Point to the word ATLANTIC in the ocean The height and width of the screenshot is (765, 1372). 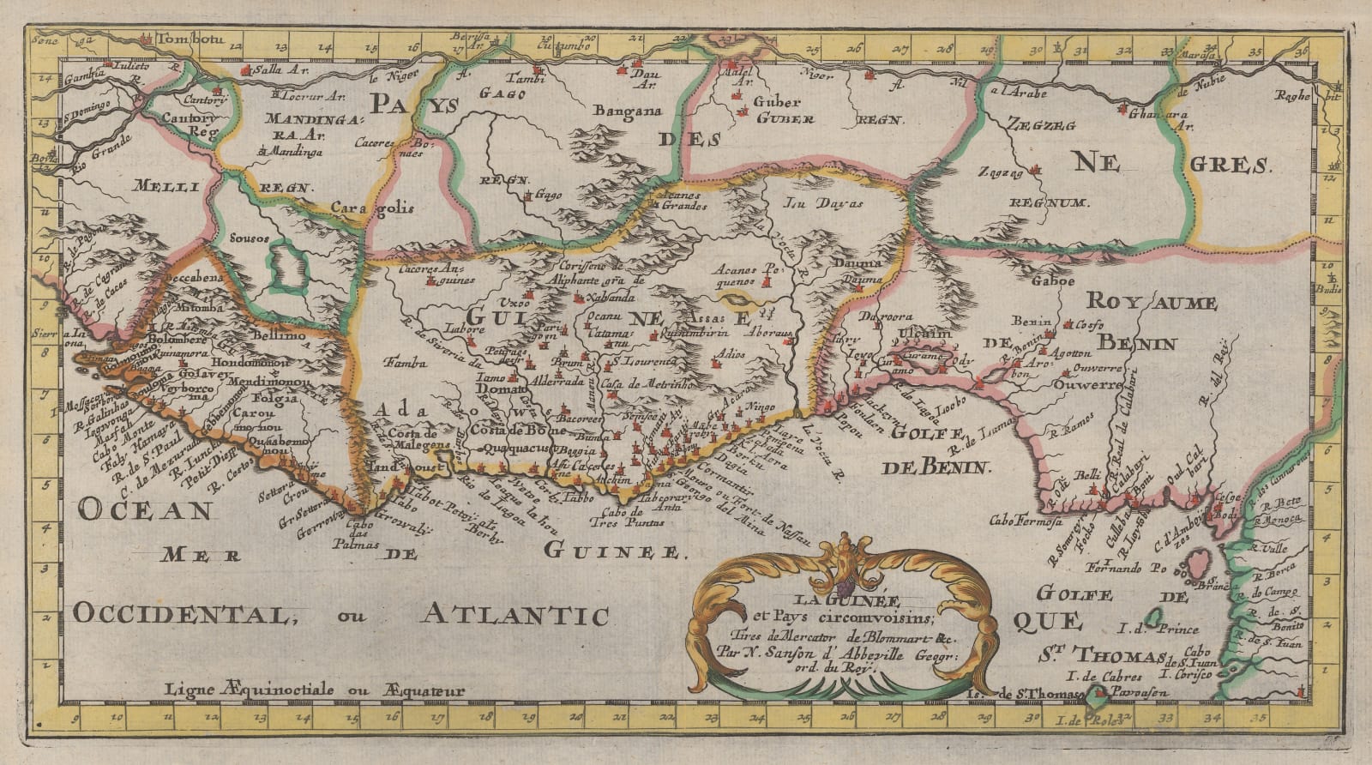(x=514, y=614)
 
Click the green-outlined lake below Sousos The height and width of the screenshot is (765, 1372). (x=287, y=265)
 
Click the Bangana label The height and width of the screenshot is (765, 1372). (x=623, y=110)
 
